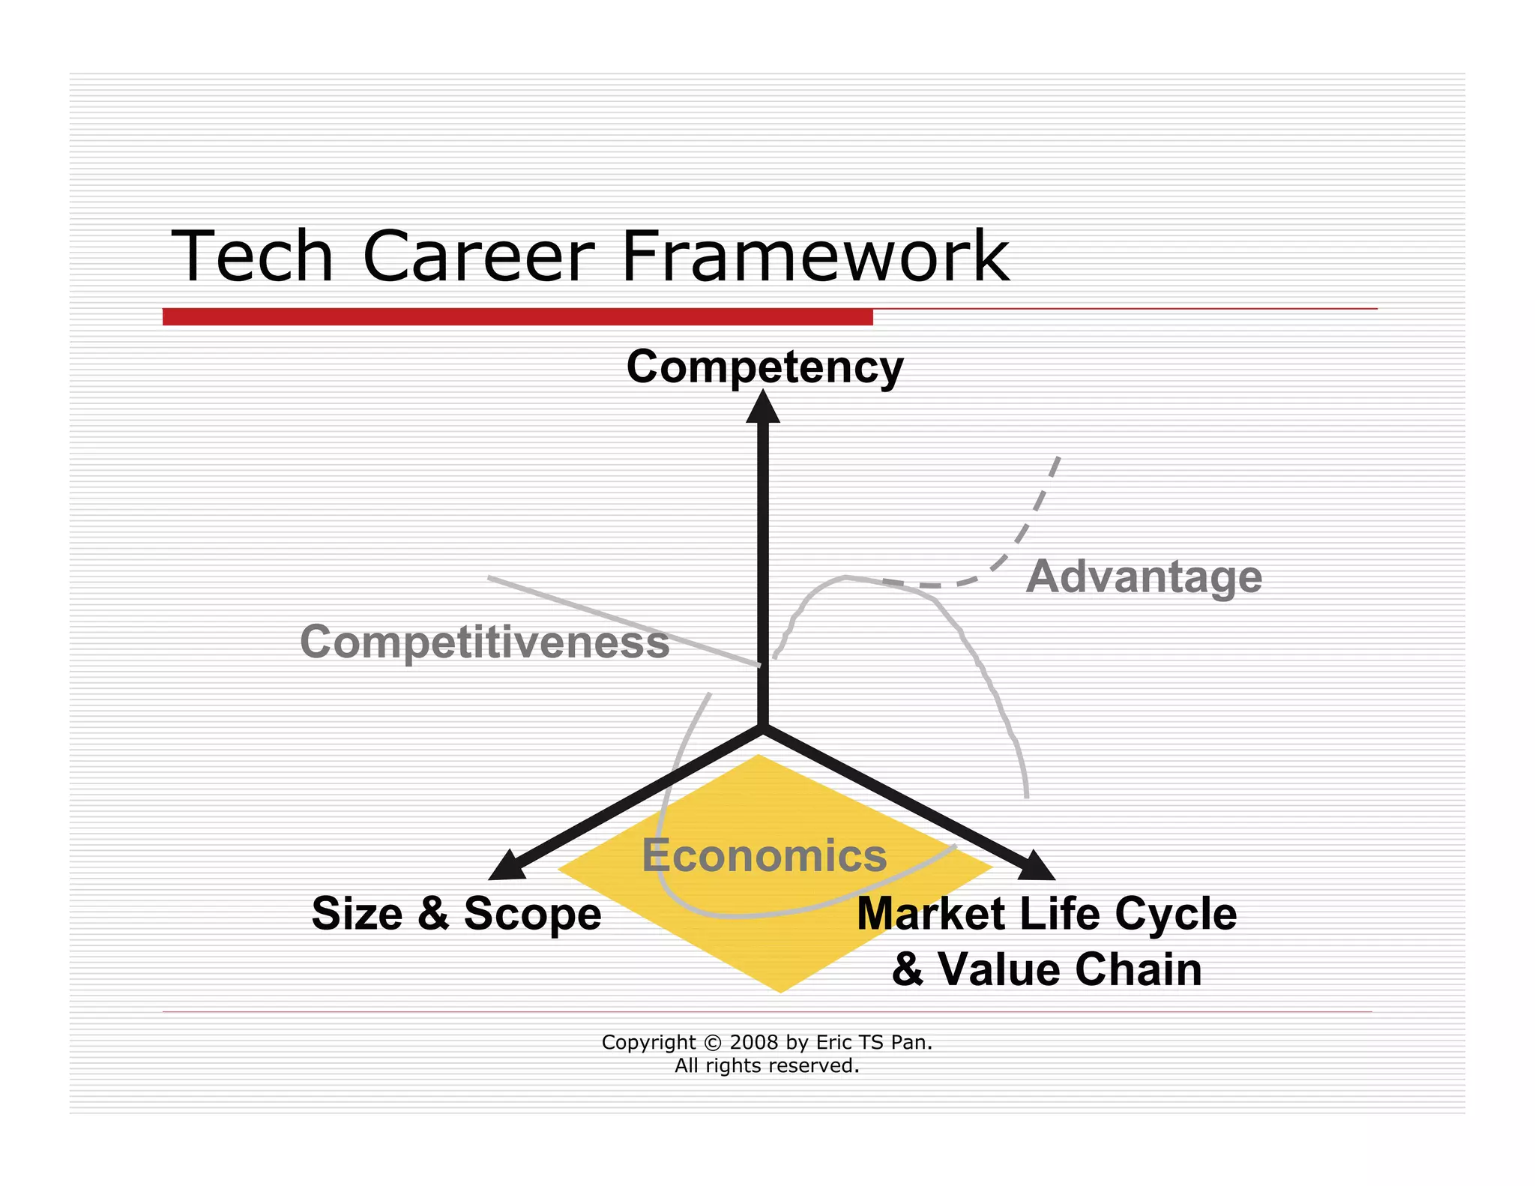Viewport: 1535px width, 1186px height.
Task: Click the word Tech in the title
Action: (x=252, y=256)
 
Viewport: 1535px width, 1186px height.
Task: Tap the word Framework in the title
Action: (x=815, y=256)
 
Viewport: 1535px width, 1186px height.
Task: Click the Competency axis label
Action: (x=765, y=367)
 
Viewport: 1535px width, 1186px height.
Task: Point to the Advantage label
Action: (x=1144, y=577)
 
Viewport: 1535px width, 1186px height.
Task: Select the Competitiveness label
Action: (x=484, y=642)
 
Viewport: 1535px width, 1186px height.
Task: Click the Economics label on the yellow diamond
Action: (x=764, y=855)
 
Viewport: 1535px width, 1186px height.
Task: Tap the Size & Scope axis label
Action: (x=456, y=914)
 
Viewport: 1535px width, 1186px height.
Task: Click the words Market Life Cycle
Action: (x=1046, y=914)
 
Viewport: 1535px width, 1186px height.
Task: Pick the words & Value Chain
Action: (x=1046, y=969)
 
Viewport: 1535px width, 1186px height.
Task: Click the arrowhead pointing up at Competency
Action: (x=763, y=409)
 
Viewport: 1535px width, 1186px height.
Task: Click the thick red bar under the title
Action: (x=517, y=317)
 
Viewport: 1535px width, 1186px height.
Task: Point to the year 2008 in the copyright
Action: (x=754, y=1042)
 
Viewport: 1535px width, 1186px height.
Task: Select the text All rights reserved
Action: (x=767, y=1065)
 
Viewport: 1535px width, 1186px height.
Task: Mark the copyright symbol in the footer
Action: (x=713, y=1043)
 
